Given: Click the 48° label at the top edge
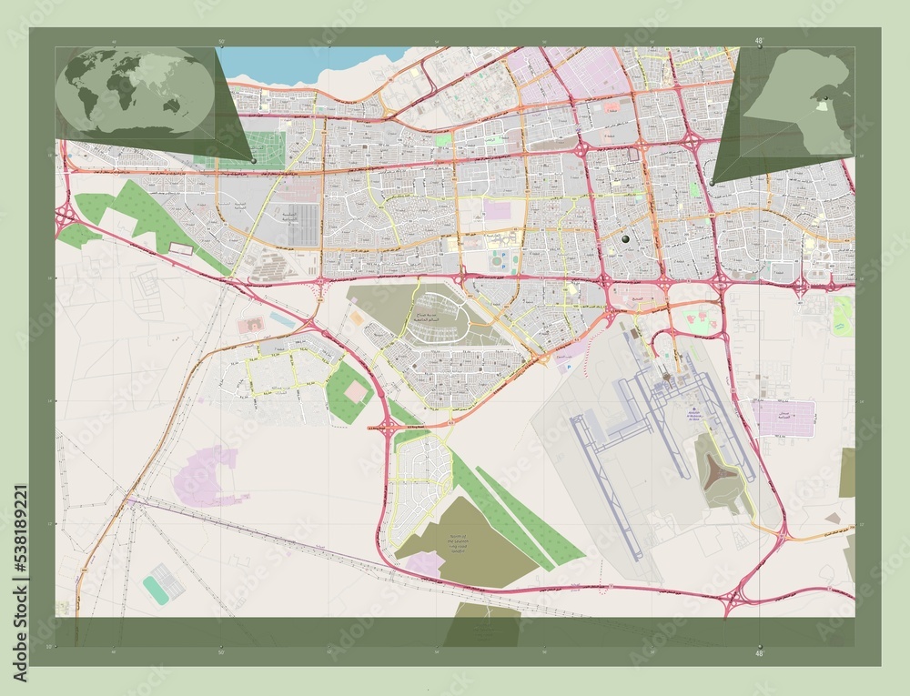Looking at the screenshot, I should coord(759,40).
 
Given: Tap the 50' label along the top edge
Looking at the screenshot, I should coord(221,42).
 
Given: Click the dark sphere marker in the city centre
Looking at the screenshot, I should coord(625,238).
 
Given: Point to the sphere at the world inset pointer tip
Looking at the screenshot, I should coord(254,161).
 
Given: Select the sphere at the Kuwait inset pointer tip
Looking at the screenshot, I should coord(712,184).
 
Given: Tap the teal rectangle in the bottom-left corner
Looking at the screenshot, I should coord(163,583).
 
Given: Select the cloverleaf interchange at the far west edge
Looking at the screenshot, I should coord(65,217).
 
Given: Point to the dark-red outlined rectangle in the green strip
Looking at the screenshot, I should coord(182,247).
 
